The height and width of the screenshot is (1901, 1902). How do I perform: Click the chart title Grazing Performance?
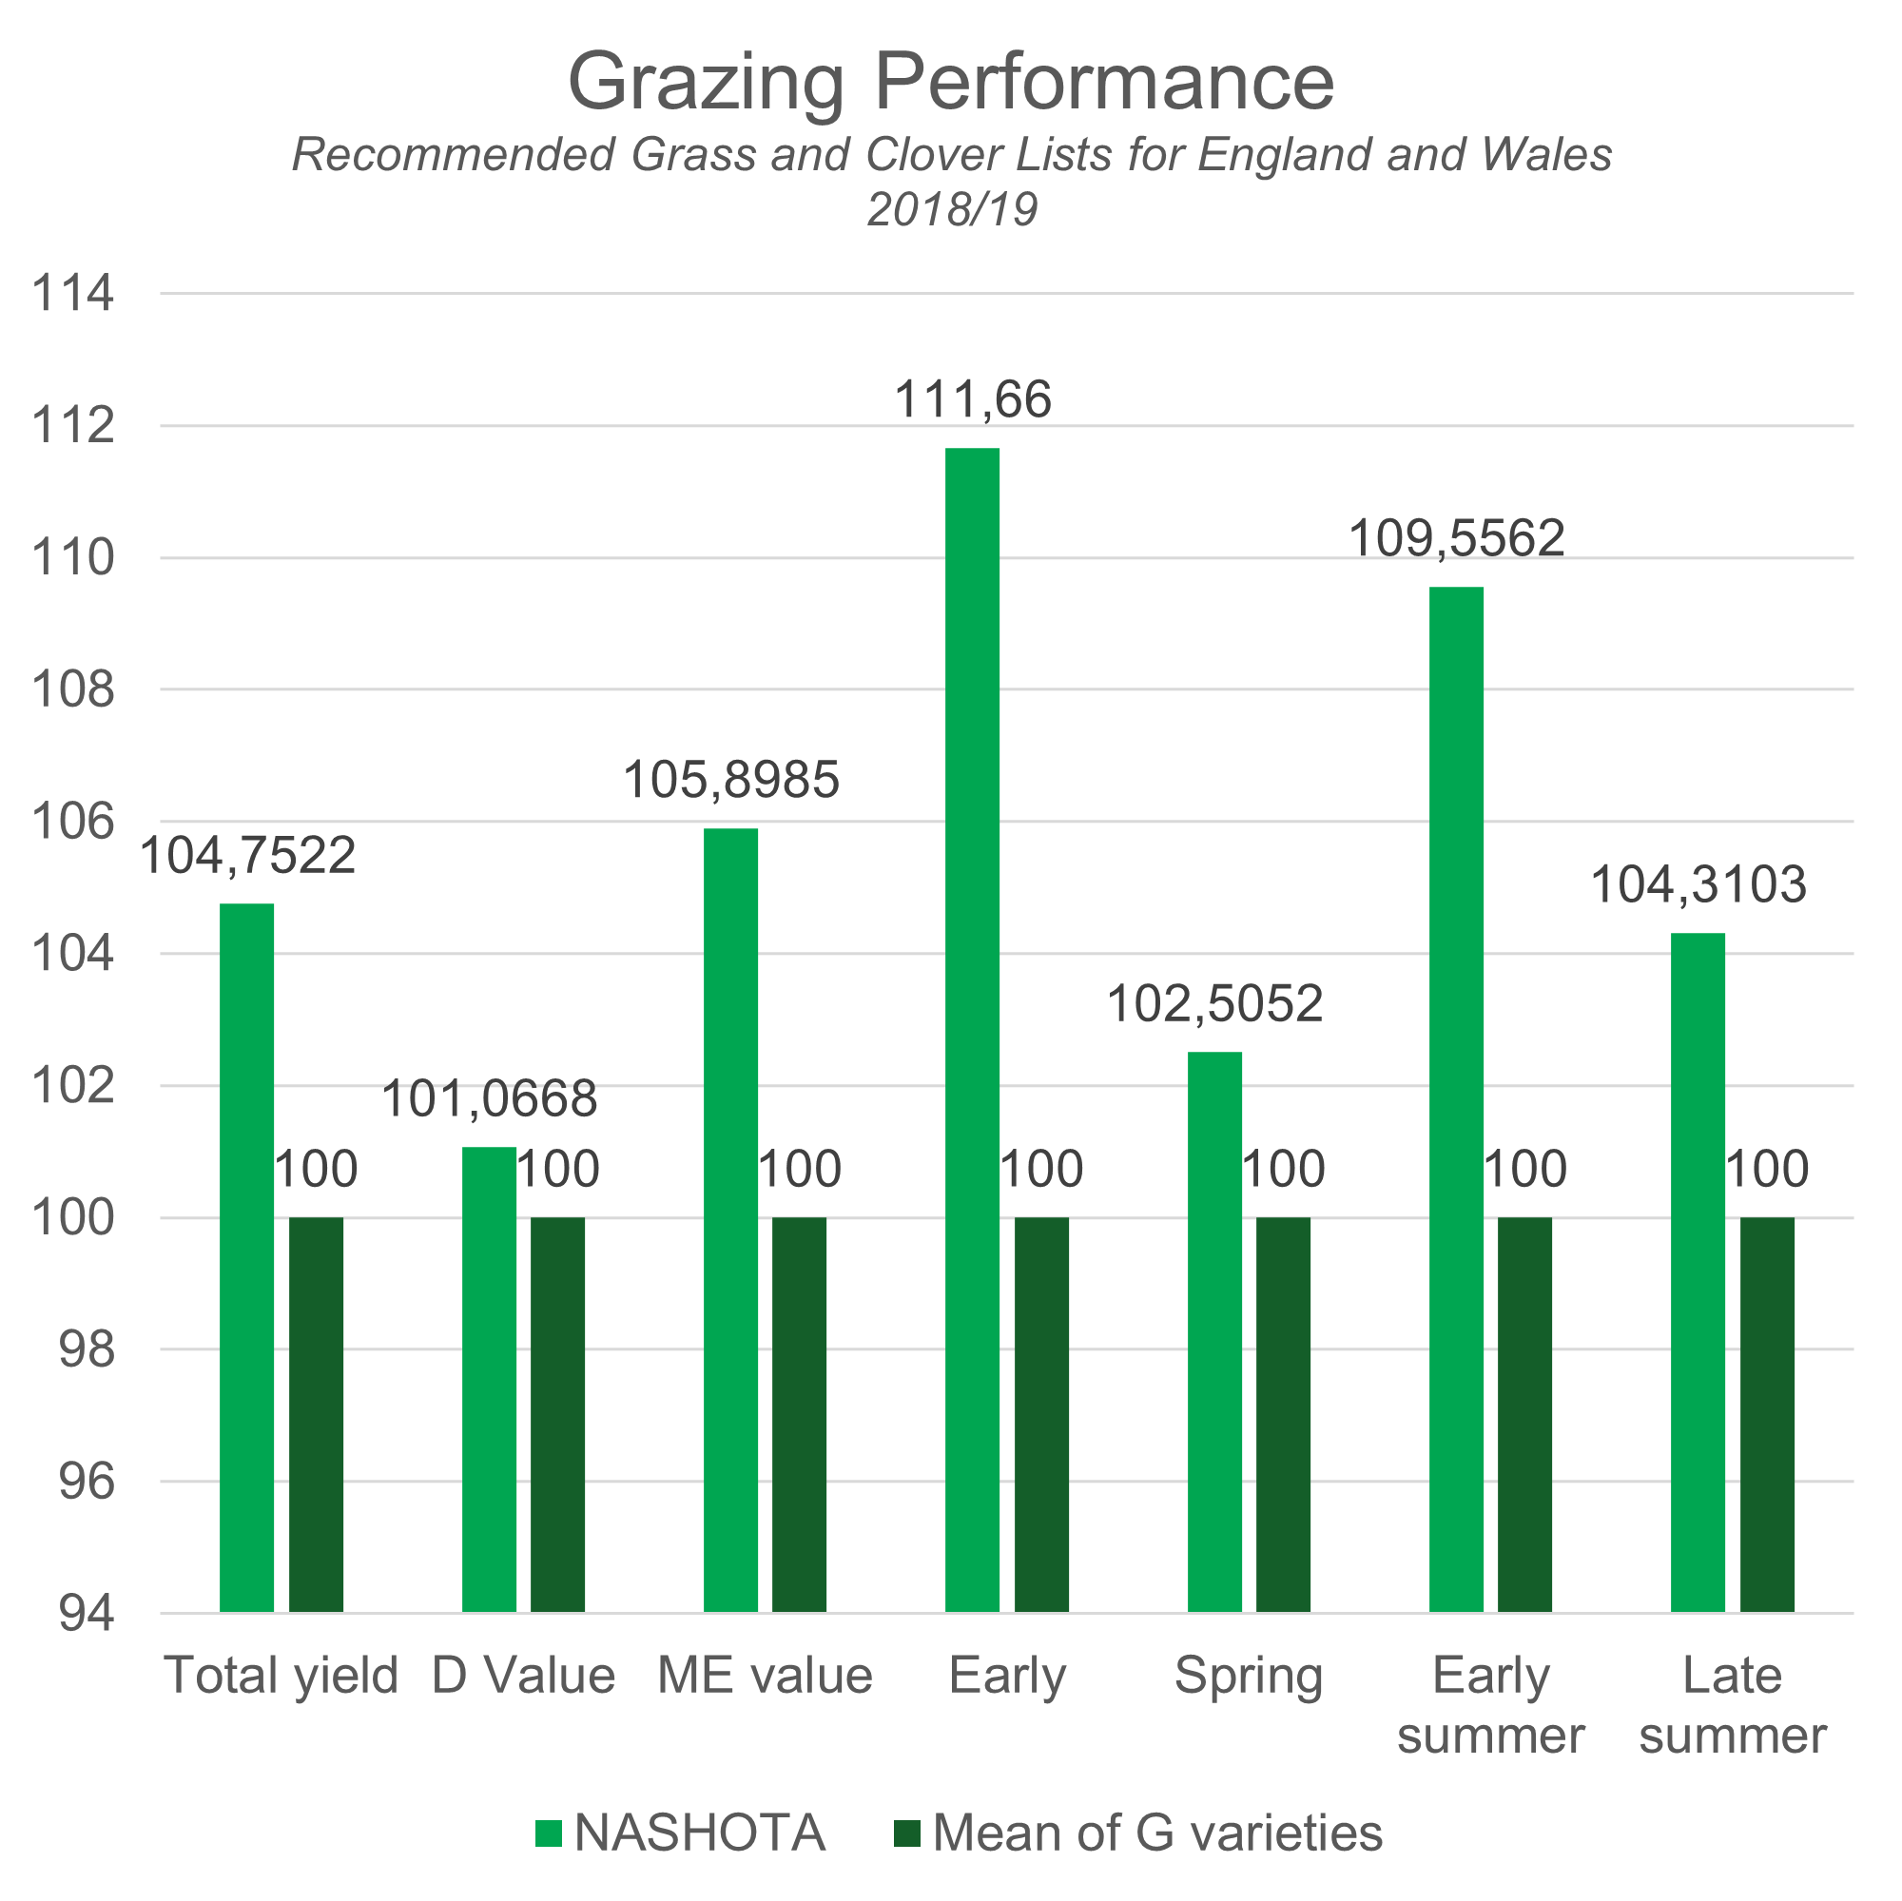pyautogui.click(x=950, y=81)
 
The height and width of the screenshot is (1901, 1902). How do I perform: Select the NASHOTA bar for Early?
pyautogui.click(x=973, y=1029)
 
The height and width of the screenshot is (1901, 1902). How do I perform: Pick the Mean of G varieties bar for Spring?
pyautogui.click(x=1283, y=1415)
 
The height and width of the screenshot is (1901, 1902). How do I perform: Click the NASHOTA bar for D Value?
pyautogui.click(x=489, y=1378)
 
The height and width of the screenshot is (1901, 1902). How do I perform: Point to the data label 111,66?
pyautogui.click(x=973, y=399)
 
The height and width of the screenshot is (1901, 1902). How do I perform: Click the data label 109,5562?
pyautogui.click(x=1456, y=538)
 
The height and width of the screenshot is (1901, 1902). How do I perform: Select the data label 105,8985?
pyautogui.click(x=730, y=780)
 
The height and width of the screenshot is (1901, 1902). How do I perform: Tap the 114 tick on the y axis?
pyautogui.click(x=73, y=293)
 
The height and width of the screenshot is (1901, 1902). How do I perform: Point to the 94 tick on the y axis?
pyautogui.click(x=87, y=1614)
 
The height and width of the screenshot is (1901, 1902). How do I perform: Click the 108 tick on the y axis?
pyautogui.click(x=73, y=690)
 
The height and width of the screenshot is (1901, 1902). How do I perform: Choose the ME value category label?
pyautogui.click(x=765, y=1676)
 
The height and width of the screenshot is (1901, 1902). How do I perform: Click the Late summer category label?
pyautogui.click(x=1733, y=1705)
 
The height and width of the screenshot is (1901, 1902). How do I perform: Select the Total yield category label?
pyautogui.click(x=281, y=1676)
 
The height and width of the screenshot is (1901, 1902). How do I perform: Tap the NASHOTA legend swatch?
pyautogui.click(x=549, y=1833)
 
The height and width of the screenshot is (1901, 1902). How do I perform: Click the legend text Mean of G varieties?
pyautogui.click(x=1157, y=1833)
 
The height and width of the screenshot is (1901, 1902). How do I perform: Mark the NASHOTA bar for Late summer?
pyautogui.click(x=1698, y=1271)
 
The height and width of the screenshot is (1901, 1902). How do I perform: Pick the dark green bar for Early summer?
pyautogui.click(x=1525, y=1415)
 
